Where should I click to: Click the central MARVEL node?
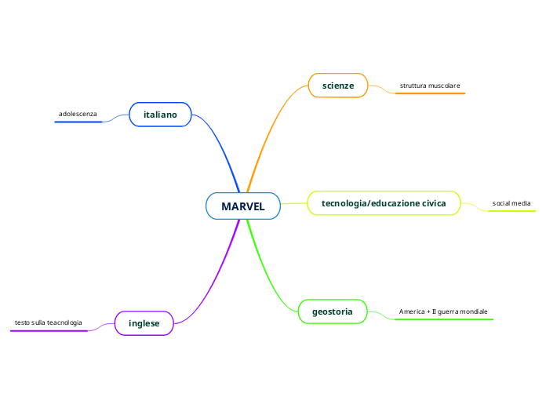pos(243,206)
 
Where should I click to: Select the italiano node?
pos(160,115)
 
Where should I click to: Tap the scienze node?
pos(338,85)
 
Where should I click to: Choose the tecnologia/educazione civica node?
pos(384,203)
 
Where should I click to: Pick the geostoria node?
pos(333,311)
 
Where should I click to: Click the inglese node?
pos(144,323)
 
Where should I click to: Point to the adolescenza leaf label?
pos(78,115)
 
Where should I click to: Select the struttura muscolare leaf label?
pos(430,85)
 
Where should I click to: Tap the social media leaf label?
pos(511,203)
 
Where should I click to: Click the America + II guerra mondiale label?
pos(443,311)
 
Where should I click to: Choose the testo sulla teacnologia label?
pos(48,322)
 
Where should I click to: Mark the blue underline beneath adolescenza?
pos(78,122)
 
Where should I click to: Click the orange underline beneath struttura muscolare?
pos(430,93)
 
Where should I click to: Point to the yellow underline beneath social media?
pos(511,211)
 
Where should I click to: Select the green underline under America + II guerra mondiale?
pos(443,319)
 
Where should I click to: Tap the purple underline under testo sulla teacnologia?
pos(48,331)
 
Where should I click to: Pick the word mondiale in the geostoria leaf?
pos(473,311)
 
